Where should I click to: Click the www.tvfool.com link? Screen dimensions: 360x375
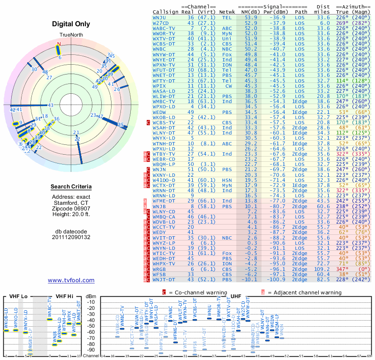pos(71,280)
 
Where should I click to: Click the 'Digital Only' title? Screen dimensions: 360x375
pos(71,24)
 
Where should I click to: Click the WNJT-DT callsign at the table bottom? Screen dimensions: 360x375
pos(163,280)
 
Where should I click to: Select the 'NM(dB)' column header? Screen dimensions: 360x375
pos(250,12)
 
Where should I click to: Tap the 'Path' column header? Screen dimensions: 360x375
pos(301,12)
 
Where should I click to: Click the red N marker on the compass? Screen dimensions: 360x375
pos(59,45)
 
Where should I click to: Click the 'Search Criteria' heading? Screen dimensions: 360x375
pos(71,187)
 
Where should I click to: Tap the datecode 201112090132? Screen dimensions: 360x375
pos(71,237)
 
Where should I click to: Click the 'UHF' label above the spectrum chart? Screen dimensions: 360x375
pos(236,296)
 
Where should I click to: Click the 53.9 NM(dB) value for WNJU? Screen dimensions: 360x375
pos(250,17)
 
